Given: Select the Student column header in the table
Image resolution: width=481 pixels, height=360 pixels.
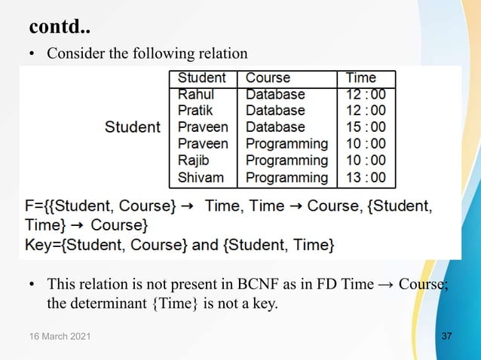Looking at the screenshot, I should [x=201, y=78].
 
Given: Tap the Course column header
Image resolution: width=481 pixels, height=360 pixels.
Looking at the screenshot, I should [x=268, y=78].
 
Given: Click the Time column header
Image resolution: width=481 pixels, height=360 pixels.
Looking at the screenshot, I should [x=360, y=78].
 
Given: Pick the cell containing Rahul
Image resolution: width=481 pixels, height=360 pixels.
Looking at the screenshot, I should [x=196, y=95].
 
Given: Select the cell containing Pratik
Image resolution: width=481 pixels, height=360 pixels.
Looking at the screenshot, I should [x=195, y=111].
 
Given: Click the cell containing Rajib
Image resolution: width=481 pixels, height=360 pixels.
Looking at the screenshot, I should [x=194, y=160].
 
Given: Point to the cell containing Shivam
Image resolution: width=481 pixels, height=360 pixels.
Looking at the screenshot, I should [x=199, y=178].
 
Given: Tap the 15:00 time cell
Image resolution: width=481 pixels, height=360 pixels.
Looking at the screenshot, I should [x=366, y=127].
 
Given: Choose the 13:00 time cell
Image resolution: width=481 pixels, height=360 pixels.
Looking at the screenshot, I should [x=366, y=178].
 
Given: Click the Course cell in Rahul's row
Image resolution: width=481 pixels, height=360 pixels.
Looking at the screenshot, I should [x=275, y=95].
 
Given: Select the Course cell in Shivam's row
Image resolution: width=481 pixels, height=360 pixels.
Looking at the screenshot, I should [x=286, y=178].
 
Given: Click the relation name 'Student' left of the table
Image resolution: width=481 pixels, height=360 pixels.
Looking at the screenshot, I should [x=133, y=127].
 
